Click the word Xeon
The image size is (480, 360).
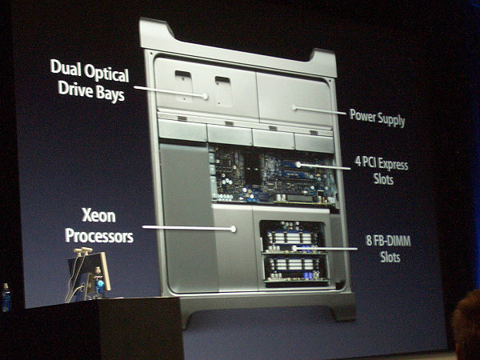[98, 215]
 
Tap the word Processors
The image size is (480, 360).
[99, 236]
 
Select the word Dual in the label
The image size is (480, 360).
[66, 66]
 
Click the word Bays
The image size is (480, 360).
[110, 93]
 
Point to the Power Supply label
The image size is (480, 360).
[377, 118]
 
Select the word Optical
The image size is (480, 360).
[106, 74]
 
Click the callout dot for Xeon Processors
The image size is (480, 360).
[234, 229]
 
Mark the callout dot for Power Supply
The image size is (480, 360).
[294, 107]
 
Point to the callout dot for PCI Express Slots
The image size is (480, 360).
[298, 165]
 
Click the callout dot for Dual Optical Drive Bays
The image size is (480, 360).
[205, 97]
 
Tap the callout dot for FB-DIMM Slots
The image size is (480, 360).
[294, 248]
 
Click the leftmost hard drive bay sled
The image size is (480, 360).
[182, 130]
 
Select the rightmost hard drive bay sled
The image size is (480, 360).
[314, 142]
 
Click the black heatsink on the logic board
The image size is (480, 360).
[253, 169]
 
